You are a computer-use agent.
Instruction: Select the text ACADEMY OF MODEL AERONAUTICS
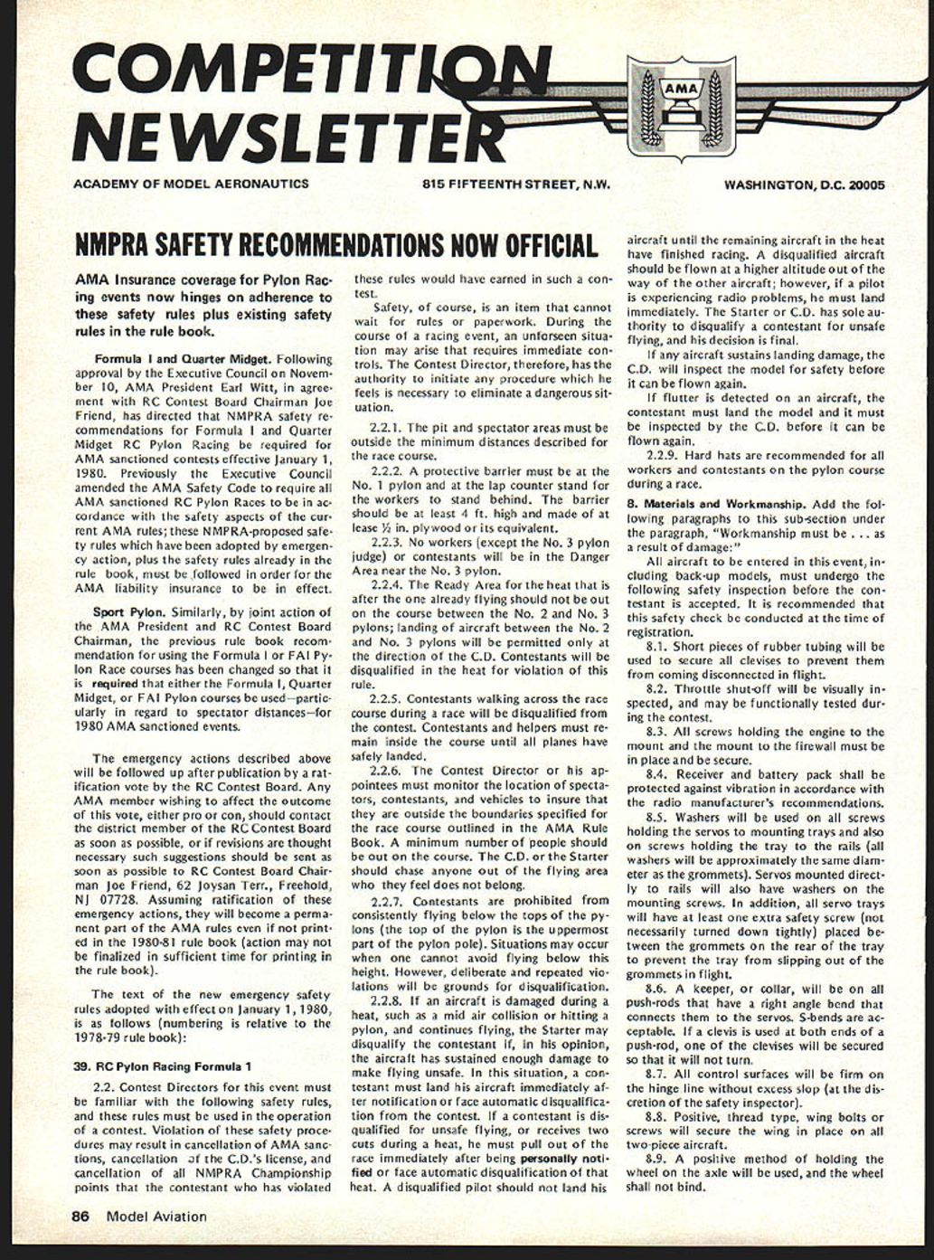(x=191, y=184)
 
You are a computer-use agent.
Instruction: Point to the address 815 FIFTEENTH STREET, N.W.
(x=516, y=185)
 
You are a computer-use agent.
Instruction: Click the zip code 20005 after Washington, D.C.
(x=865, y=185)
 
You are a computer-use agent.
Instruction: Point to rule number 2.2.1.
(x=387, y=427)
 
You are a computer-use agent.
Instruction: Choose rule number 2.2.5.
(x=387, y=699)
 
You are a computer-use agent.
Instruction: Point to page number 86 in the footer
(x=80, y=1217)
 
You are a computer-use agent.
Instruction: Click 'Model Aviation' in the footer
(x=156, y=1217)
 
